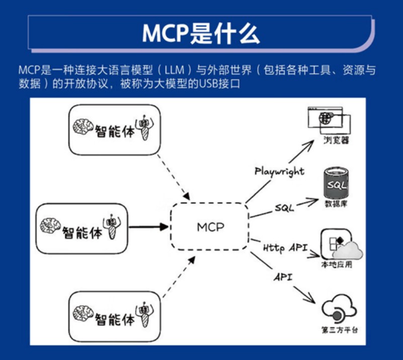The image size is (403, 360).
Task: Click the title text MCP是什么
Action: tap(201, 34)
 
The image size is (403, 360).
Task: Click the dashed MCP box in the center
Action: tap(209, 203)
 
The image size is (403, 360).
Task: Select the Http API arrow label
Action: tap(285, 248)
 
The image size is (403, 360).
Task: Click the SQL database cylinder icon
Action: tap(336, 183)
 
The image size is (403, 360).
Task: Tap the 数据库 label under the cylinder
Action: tap(336, 204)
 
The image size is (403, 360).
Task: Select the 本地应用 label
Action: tap(337, 264)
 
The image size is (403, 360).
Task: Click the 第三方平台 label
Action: tap(340, 330)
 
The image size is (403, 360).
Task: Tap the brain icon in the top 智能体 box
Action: tap(83, 127)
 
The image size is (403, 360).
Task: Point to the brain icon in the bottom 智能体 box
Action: tap(83, 314)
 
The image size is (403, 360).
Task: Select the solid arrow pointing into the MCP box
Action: tap(148, 227)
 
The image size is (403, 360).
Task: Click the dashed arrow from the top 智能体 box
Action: tap(174, 177)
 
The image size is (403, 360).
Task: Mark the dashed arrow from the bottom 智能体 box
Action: tap(179, 277)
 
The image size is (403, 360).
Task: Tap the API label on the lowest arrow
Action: tap(283, 277)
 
